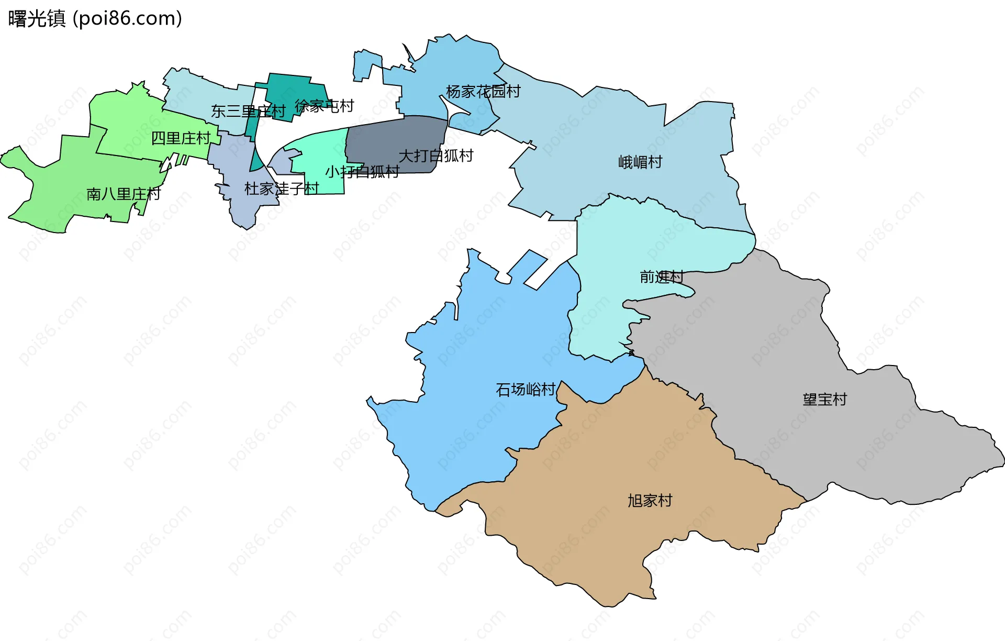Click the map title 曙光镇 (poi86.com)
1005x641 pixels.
click(95, 18)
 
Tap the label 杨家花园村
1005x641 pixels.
click(483, 92)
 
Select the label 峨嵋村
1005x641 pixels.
click(640, 162)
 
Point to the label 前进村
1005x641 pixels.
click(661, 277)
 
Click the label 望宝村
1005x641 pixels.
click(824, 400)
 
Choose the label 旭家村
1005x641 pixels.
click(650, 501)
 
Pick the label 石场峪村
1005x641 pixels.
click(525, 390)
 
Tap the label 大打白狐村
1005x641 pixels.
click(435, 156)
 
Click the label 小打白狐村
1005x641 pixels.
click(362, 172)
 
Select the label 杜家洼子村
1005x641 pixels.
click(281, 189)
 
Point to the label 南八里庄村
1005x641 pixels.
click(123, 194)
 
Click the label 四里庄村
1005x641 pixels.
click(181, 138)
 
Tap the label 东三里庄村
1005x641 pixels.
click(248, 111)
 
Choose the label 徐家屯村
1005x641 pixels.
click(324, 106)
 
